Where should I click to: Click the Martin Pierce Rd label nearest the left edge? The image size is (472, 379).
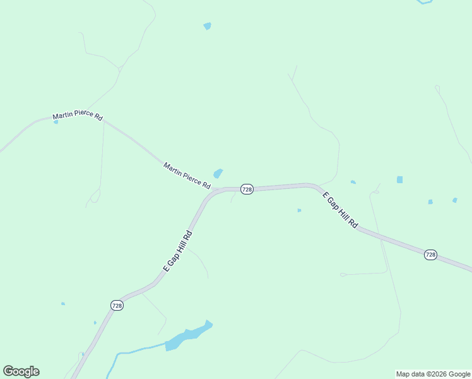[x=77, y=116]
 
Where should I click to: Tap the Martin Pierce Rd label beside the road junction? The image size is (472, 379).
[x=187, y=176]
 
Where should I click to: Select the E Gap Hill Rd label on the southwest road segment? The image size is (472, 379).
[x=177, y=251]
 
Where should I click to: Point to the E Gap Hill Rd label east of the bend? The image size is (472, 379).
[x=341, y=211]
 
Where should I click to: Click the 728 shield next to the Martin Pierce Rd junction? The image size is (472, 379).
[x=247, y=189]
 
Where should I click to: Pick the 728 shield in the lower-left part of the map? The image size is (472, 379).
[x=117, y=305]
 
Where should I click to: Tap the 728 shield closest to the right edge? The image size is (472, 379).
[x=430, y=255]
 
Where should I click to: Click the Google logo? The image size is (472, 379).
[x=21, y=371]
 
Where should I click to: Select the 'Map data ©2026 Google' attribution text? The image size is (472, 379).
[x=433, y=374]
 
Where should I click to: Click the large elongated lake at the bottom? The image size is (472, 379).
[x=188, y=336]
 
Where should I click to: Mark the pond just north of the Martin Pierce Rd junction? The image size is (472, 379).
[x=218, y=173]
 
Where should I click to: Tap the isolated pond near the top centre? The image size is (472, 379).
[x=207, y=26]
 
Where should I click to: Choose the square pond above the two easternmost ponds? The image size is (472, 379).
[x=399, y=179]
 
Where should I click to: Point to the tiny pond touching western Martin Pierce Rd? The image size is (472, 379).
[x=56, y=122]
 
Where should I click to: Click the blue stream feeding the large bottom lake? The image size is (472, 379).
[x=136, y=350]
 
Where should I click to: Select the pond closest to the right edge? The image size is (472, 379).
[x=454, y=200]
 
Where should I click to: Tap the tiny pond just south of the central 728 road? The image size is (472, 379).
[x=299, y=210]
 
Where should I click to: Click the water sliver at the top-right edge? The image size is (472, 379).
[x=424, y=2]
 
